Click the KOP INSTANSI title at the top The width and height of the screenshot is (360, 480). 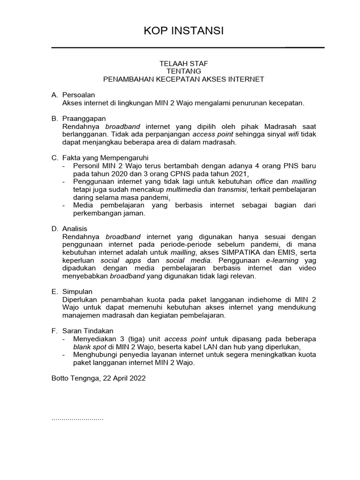[x=183, y=31]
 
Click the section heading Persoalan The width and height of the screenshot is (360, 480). [x=78, y=95]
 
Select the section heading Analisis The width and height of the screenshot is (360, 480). [x=75, y=229]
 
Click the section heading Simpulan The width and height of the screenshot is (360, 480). [x=77, y=292]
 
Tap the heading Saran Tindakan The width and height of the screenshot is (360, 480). [x=88, y=331]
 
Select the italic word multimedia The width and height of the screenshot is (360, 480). [x=184, y=189]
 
